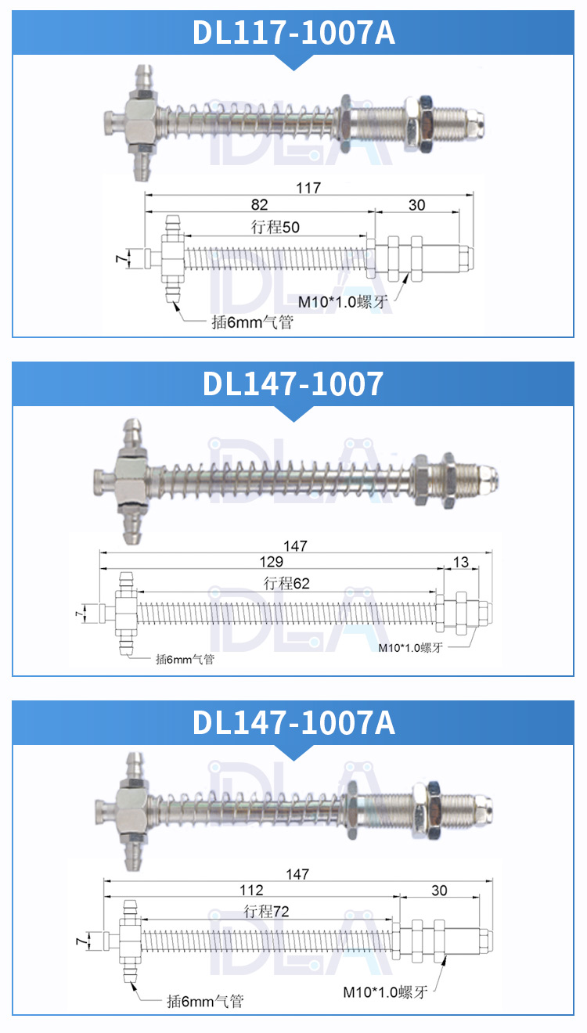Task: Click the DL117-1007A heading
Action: pos(293,32)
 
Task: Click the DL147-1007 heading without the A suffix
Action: pos(293,383)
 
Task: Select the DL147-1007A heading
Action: pos(293,722)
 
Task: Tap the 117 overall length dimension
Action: pos(308,188)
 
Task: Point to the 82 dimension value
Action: pos(260,204)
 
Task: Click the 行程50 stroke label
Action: pos(275,227)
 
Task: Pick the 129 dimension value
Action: pos(271,562)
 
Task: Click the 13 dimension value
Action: pos(461,562)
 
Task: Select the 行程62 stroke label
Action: pos(286,583)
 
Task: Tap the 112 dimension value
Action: pos(251,890)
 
